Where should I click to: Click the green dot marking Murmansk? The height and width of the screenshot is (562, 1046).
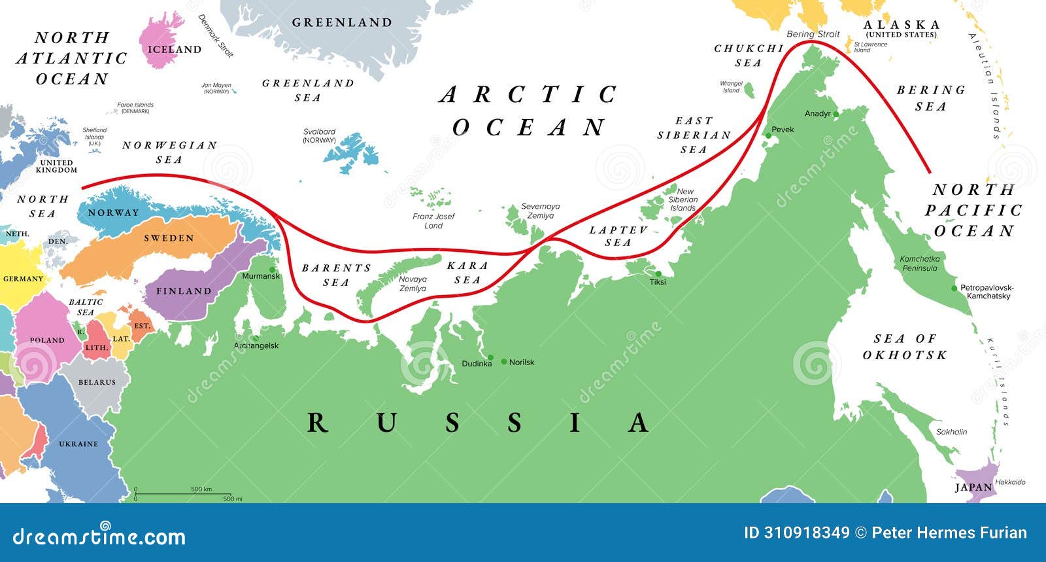(272, 270)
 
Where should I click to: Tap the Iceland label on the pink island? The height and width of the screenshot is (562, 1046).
(174, 50)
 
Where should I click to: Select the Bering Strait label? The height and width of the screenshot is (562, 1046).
(813, 34)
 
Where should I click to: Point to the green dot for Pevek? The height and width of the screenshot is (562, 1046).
(768, 135)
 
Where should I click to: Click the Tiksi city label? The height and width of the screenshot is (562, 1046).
(658, 282)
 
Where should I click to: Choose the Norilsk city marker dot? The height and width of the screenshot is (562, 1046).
(504, 362)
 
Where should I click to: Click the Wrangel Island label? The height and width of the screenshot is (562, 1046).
(731, 87)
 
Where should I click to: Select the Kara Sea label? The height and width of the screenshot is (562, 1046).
(467, 272)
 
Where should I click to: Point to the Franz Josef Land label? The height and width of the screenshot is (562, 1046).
(433, 221)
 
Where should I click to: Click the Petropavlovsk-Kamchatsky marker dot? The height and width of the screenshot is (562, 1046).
(955, 288)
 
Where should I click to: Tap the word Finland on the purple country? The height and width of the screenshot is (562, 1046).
(184, 291)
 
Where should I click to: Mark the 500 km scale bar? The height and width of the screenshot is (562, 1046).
(183, 494)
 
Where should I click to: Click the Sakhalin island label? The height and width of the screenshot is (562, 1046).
(951, 432)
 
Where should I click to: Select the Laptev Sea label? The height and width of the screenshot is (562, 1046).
(618, 236)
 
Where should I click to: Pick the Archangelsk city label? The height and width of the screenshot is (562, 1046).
(256, 345)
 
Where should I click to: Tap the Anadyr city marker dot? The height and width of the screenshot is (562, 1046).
(835, 114)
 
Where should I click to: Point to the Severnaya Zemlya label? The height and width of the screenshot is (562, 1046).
(541, 211)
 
